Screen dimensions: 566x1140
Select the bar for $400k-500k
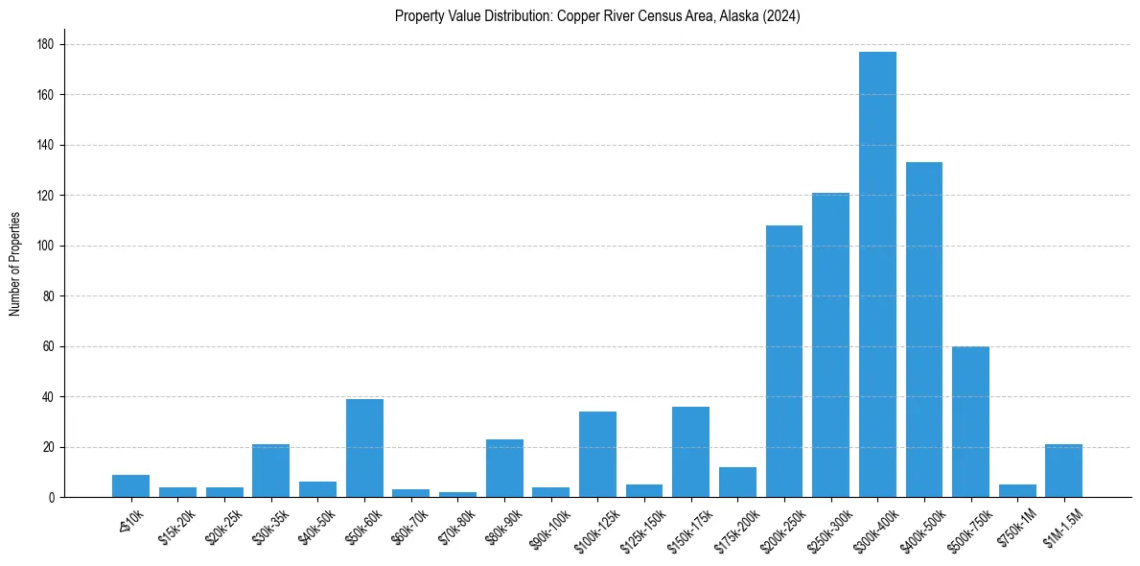924,330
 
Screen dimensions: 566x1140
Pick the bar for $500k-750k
970,422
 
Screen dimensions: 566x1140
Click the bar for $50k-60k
364,448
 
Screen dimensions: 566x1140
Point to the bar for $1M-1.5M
1064,471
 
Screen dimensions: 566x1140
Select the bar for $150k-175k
691,452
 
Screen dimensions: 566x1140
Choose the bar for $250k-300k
830,345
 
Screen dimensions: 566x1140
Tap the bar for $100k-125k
597,455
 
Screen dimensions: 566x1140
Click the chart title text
597,16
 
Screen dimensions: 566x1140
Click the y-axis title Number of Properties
14,265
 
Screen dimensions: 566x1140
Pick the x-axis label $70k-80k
454,524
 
